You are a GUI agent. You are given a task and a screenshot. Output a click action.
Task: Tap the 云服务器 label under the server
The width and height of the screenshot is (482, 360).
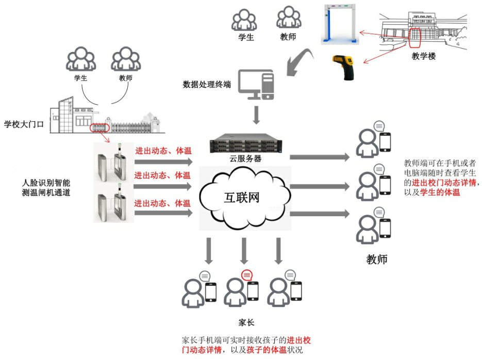click(x=245, y=159)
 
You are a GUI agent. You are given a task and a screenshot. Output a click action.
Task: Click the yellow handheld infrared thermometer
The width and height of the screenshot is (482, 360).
click(x=344, y=67)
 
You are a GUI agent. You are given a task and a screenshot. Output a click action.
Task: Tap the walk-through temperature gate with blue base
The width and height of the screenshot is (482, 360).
click(x=340, y=24)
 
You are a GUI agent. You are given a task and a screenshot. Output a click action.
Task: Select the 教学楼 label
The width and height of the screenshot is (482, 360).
click(x=424, y=56)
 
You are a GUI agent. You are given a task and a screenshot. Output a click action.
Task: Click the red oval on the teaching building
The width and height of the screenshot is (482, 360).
click(x=415, y=35)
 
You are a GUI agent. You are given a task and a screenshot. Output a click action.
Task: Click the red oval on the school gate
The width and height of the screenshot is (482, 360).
click(x=98, y=127)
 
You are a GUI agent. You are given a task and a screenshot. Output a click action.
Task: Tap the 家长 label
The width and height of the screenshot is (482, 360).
click(x=246, y=322)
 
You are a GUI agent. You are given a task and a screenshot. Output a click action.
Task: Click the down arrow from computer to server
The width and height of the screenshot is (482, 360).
click(x=256, y=114)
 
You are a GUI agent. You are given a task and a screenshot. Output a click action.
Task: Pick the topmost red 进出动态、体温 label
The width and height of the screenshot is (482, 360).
click(x=163, y=151)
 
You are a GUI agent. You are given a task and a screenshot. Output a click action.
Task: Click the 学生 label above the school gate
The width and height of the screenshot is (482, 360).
click(x=80, y=78)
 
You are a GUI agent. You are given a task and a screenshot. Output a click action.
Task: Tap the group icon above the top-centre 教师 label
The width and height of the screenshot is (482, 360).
click(x=288, y=19)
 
